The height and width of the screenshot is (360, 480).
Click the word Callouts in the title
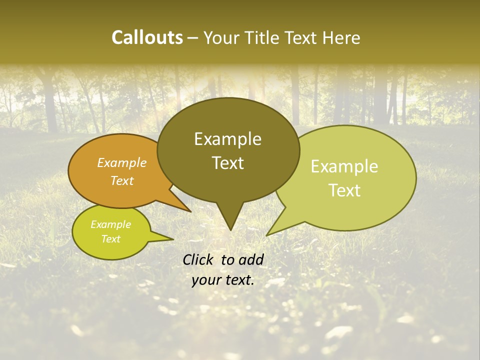(147, 37)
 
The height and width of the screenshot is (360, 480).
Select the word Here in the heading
(341, 38)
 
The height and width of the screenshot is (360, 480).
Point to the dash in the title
(192, 38)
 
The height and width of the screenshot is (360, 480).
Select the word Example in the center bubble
(227, 138)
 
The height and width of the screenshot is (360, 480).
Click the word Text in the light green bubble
(345, 190)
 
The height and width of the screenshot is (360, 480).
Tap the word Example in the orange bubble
(121, 162)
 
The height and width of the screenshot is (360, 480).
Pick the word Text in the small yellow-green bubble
(110, 239)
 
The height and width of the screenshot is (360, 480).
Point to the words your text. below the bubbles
(223, 280)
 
